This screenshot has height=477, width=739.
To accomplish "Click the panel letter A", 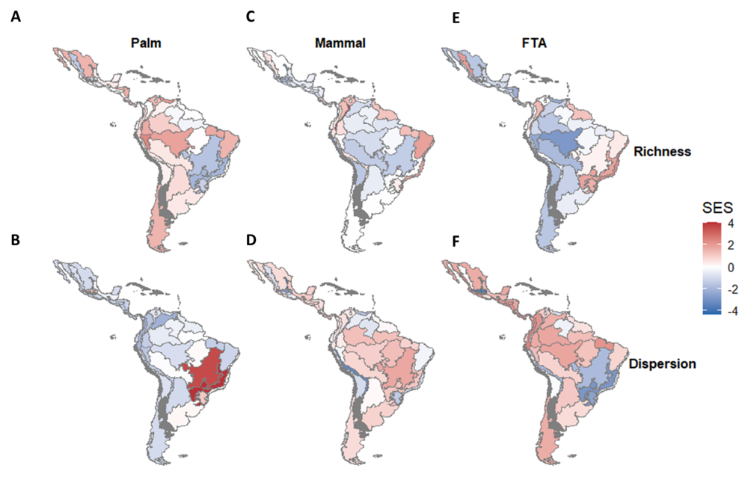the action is [16, 17].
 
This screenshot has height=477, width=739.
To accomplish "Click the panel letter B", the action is [16, 240].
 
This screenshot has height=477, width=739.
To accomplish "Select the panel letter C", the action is [251, 17].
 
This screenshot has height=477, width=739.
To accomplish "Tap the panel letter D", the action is [251, 240].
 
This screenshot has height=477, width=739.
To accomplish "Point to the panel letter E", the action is [456, 18].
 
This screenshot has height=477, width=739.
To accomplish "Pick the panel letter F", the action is [456, 241].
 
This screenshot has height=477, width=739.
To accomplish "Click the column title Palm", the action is [146, 43].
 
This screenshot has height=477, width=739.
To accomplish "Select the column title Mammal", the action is [340, 43].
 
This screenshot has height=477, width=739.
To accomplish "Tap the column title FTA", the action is [535, 43].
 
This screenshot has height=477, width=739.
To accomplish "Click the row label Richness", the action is [662, 151].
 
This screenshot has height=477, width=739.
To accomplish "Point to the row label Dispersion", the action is [662, 363].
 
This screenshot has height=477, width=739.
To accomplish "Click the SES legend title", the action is [717, 208].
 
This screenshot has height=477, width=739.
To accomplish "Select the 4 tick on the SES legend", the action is [731, 224].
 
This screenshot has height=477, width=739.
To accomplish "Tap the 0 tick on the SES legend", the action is [731, 268].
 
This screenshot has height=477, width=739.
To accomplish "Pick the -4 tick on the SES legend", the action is [732, 311].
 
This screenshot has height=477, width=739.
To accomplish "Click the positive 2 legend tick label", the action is [731, 245].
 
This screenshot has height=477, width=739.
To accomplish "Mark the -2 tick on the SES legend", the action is [732, 289].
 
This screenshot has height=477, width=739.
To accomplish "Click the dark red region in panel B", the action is [207, 372].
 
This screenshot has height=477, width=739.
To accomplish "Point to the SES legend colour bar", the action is [711, 268].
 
